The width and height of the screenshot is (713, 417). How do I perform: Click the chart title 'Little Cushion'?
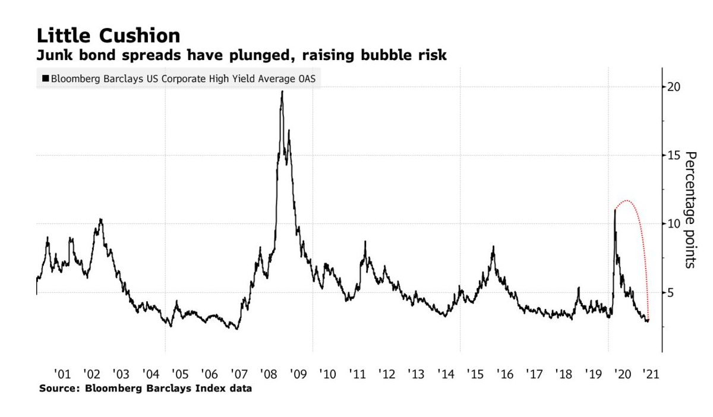coord(108,36)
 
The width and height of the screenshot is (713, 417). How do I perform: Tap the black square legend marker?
coord(45,78)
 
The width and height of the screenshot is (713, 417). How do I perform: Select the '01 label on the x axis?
coord(62,374)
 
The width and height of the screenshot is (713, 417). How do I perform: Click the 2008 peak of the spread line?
coord(282,91)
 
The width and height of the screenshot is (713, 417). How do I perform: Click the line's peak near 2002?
coord(101,220)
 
